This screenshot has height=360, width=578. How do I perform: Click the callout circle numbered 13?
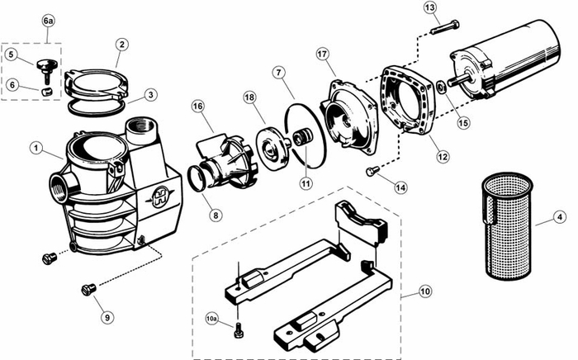(x=430, y=7)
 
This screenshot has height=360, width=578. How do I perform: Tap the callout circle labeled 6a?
(x=48, y=21)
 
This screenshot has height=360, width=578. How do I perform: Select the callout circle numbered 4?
(x=560, y=217)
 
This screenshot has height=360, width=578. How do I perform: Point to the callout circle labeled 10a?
(x=211, y=319)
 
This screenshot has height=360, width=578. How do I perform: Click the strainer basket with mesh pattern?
(x=507, y=226)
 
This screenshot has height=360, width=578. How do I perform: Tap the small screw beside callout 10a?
(x=238, y=330)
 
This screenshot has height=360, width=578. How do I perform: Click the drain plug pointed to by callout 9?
(x=88, y=289)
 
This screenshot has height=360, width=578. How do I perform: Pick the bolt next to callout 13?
(x=444, y=27)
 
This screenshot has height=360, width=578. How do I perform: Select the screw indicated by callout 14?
(x=372, y=171)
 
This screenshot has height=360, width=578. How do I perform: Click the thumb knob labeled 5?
(x=47, y=70)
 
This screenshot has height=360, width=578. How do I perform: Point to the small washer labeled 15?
(x=441, y=88)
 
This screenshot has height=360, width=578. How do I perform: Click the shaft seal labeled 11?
(x=302, y=137)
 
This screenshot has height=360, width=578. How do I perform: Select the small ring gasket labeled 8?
(x=197, y=178)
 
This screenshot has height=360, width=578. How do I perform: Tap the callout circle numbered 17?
(x=322, y=54)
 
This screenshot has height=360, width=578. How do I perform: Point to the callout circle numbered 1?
(x=36, y=148)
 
